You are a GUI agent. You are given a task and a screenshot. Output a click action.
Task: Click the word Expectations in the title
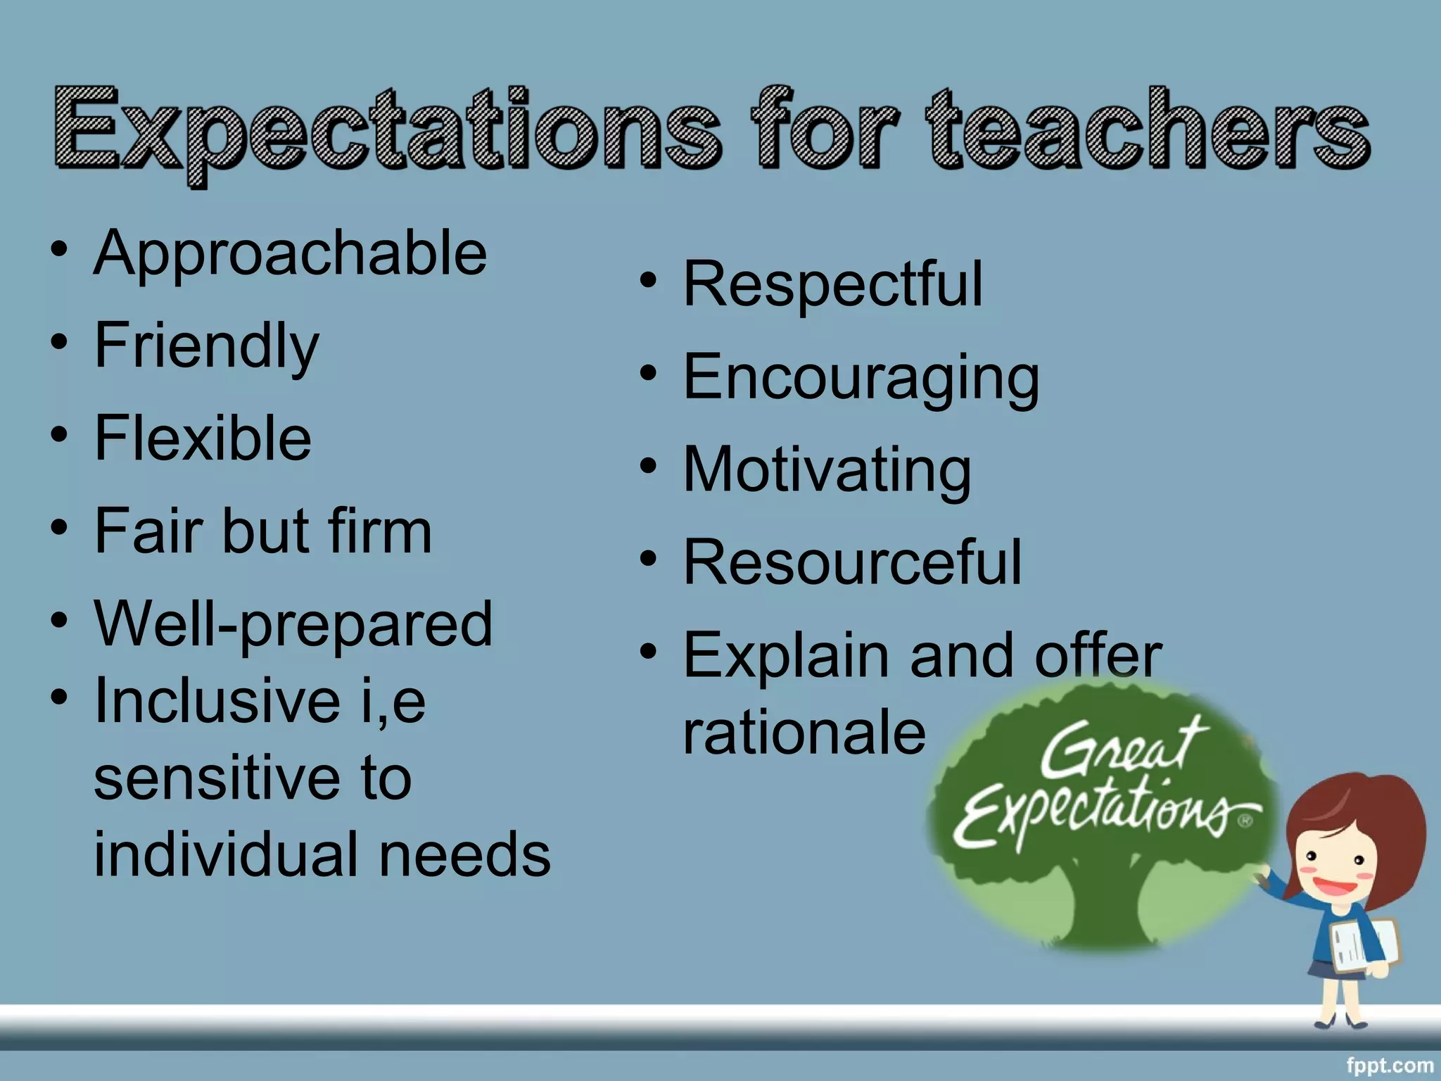click(x=387, y=130)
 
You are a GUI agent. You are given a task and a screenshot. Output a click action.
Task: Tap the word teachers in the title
click(x=1147, y=130)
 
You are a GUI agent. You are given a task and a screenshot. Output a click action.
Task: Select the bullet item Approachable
click(x=290, y=255)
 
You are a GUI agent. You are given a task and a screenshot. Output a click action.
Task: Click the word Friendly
click(x=206, y=346)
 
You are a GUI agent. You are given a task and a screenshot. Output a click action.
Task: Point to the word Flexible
click(x=203, y=438)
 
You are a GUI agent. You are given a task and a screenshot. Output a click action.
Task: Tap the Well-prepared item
click(x=293, y=625)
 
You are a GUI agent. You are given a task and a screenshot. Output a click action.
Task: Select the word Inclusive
click(x=217, y=701)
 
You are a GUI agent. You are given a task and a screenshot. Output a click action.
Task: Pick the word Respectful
click(x=832, y=284)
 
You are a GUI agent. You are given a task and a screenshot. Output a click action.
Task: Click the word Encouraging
click(x=861, y=379)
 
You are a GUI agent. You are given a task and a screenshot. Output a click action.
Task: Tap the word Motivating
click(x=827, y=470)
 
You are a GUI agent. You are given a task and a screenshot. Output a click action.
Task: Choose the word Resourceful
click(x=852, y=562)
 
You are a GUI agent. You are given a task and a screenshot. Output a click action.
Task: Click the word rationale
click(x=804, y=733)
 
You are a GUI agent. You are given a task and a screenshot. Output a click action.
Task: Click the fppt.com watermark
click(x=1389, y=1066)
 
